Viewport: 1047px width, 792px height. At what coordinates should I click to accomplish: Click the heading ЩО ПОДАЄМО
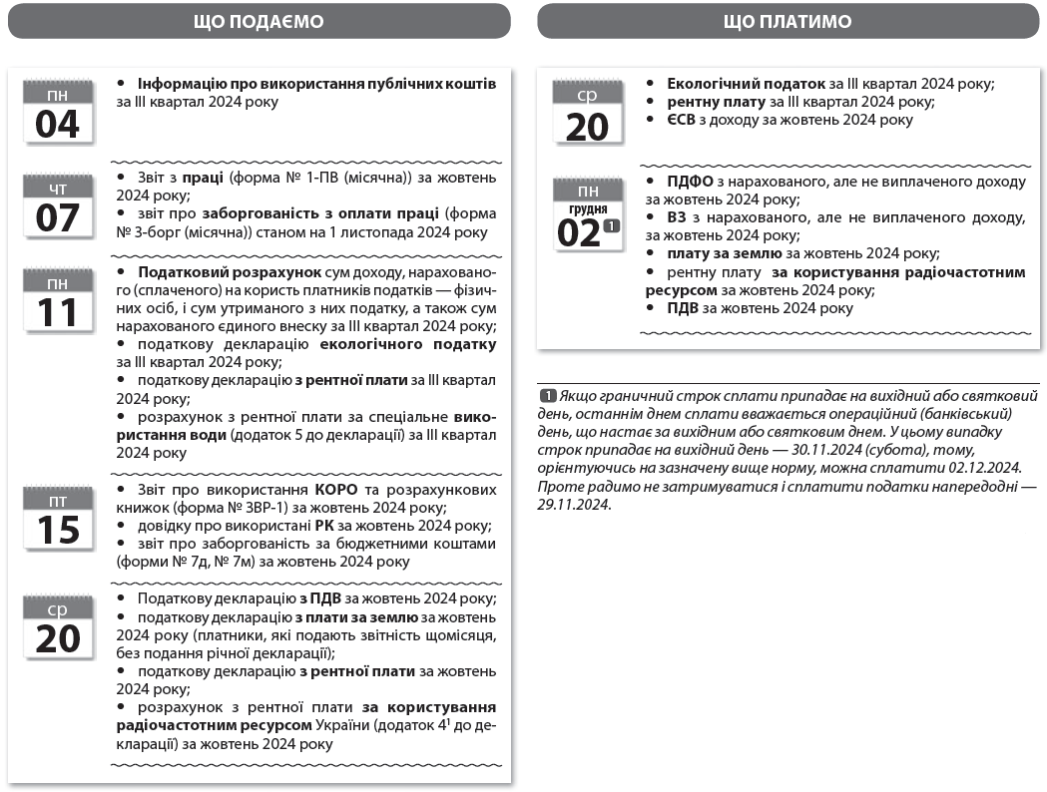click(258, 21)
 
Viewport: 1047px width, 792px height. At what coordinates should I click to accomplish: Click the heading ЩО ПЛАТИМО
click(787, 21)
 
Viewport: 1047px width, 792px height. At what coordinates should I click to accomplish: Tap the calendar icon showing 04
click(57, 112)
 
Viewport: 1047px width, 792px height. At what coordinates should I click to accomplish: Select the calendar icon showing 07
click(57, 206)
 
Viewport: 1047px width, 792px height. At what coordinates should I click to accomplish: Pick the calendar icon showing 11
click(57, 302)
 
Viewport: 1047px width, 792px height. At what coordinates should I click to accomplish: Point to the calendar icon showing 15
click(57, 519)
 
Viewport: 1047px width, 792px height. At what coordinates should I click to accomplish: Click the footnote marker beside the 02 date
click(612, 226)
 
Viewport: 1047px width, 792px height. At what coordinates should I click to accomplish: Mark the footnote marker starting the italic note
click(548, 395)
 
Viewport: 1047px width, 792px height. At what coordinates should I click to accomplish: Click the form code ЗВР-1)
click(236, 507)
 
